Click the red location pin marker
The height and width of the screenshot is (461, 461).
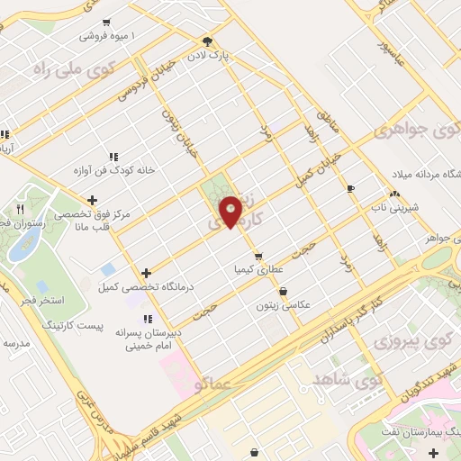pyautogui.click(x=231, y=211)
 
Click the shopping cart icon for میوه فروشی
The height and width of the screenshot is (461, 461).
pyautogui.click(x=107, y=23)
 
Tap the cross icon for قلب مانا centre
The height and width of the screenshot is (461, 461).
pyautogui.click(x=92, y=200)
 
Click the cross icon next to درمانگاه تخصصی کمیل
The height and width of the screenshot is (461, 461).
pyautogui.click(x=146, y=272)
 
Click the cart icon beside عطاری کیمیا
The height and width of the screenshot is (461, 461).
pyautogui.click(x=258, y=256)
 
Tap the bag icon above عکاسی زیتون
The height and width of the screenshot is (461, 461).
pyautogui.click(x=285, y=291)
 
